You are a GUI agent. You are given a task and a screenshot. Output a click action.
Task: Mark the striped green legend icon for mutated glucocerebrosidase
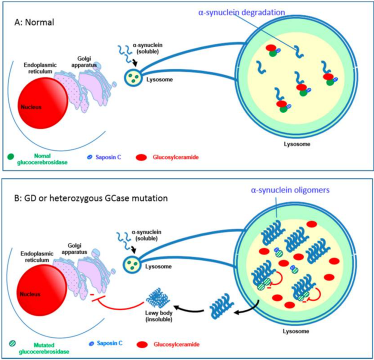pyautogui.click(x=12, y=343)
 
